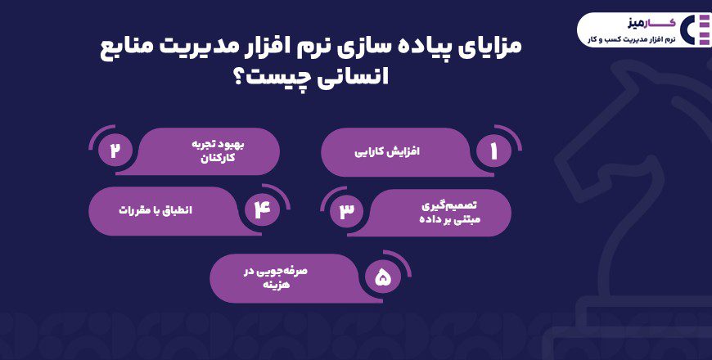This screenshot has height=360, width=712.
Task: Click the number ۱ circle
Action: coord(493,152)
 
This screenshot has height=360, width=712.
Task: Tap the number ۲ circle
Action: coord(115,152)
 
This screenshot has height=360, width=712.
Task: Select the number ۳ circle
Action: coord(347,211)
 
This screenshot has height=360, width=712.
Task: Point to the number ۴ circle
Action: coord(261,211)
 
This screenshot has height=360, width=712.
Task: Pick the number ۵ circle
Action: coord(383,278)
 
